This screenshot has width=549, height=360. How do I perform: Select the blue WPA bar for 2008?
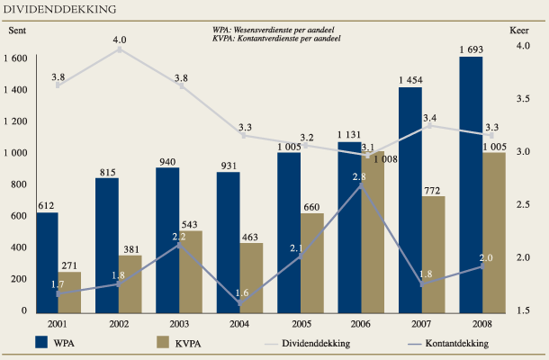pyautogui.click(x=471, y=184)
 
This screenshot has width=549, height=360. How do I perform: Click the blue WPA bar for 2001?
pyautogui.click(x=47, y=262)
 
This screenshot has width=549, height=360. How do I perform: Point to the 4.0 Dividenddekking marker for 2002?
pyautogui.click(x=119, y=49)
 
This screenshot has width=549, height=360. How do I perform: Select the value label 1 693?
pyautogui.click(x=472, y=49)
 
